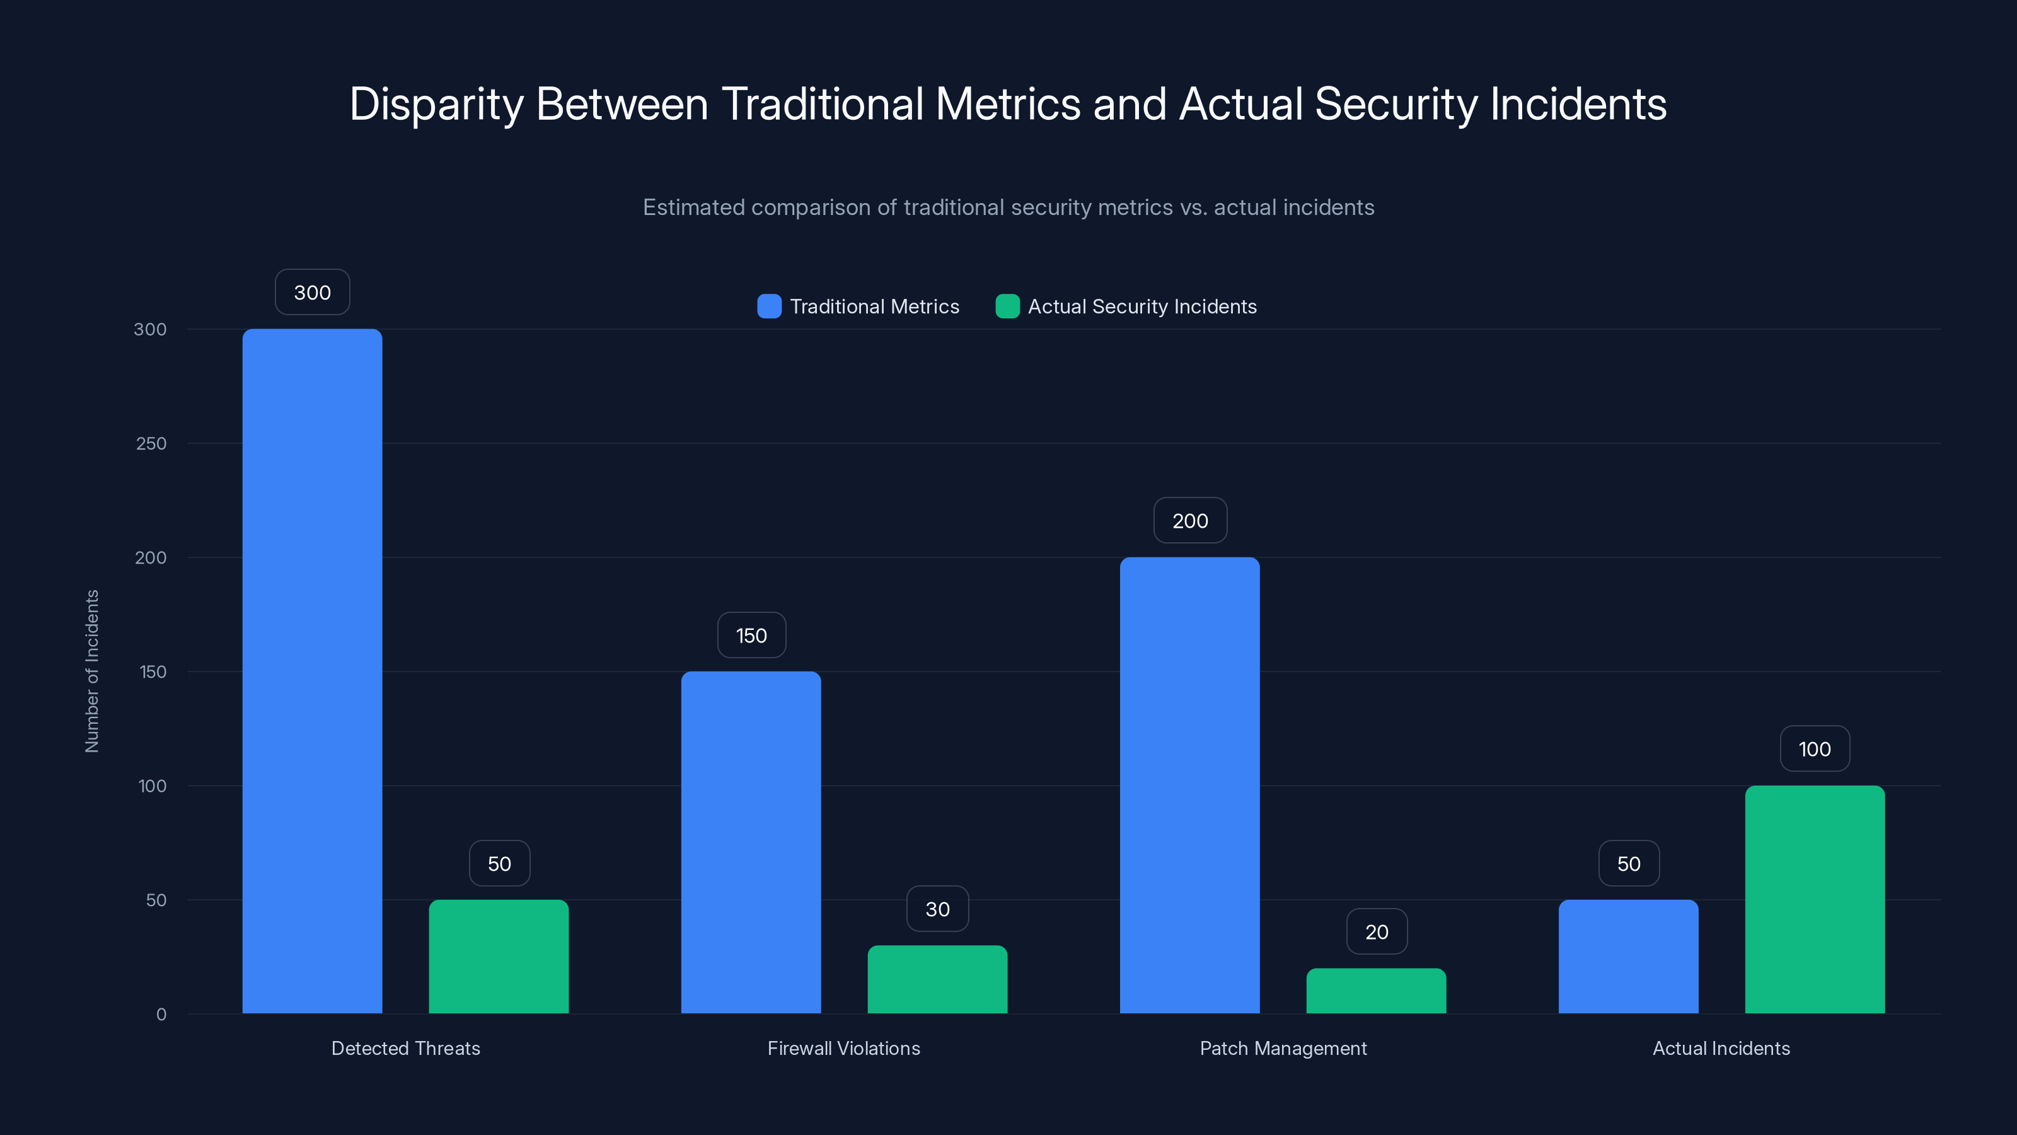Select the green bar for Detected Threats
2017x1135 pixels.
[499, 957]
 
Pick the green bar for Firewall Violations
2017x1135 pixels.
[937, 979]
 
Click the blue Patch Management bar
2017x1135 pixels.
[1189, 785]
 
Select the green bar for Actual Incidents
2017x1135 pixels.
[1814, 899]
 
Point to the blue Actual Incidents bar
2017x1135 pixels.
[1628, 957]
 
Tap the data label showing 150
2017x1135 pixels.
[751, 635]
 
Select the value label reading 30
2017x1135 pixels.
[937, 909]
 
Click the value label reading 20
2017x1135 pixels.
[1376, 931]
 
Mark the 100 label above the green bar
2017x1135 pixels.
[1814, 749]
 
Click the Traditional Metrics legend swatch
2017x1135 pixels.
[769, 306]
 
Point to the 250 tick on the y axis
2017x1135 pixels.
[151, 443]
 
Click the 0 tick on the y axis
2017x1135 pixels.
[161, 1015]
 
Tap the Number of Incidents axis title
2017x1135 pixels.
[91, 672]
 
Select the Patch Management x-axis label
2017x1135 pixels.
[1283, 1048]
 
